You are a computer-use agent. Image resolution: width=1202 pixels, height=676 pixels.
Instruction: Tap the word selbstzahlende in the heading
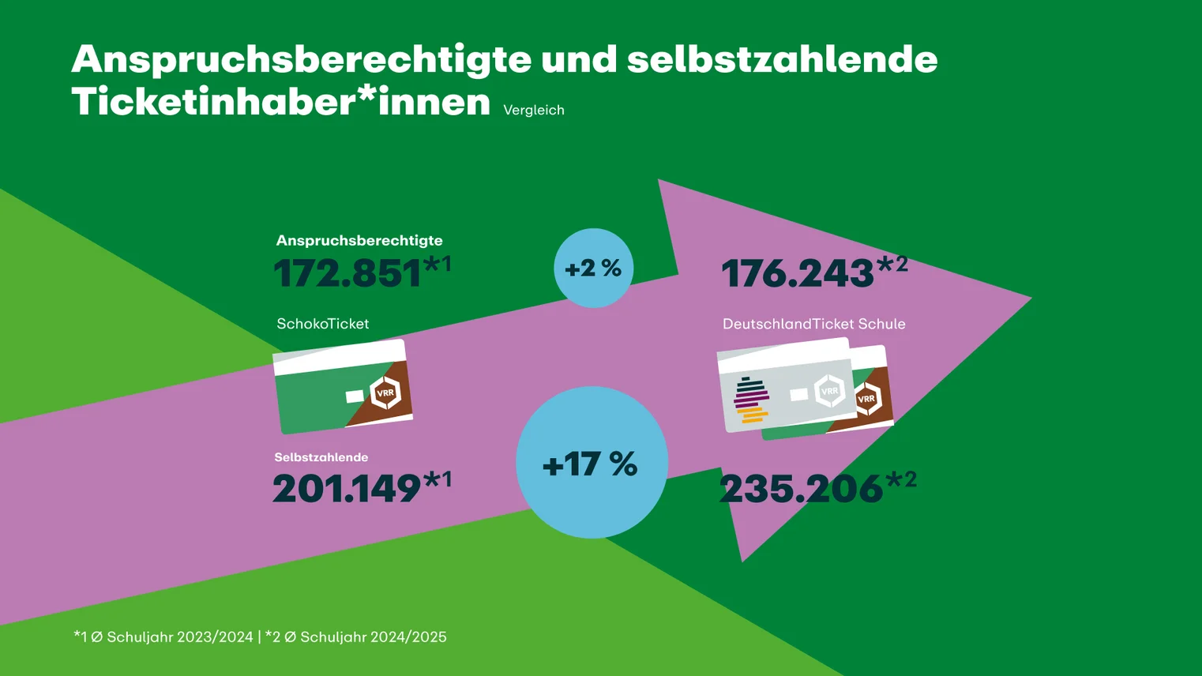(x=782, y=60)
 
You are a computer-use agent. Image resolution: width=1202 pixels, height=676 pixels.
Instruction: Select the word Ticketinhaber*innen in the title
(x=280, y=103)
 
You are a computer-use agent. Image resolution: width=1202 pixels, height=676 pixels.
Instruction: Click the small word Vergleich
(x=534, y=111)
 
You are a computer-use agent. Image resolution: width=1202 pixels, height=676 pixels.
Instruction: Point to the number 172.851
(x=347, y=274)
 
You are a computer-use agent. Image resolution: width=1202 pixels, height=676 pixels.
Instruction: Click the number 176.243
(x=798, y=274)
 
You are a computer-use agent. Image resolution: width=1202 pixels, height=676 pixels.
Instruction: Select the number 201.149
(x=347, y=489)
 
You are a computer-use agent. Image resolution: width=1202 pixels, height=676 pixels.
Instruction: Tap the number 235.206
(x=801, y=489)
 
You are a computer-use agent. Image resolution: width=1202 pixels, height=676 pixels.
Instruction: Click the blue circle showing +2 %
(x=593, y=269)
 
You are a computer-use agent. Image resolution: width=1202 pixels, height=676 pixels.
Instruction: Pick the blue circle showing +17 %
(x=592, y=463)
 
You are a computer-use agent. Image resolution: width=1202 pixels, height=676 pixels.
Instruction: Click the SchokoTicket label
(x=322, y=324)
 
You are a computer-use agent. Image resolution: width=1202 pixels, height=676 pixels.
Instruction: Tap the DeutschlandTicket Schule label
(x=813, y=324)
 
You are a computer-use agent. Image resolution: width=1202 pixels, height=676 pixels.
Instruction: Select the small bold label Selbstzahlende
(x=321, y=457)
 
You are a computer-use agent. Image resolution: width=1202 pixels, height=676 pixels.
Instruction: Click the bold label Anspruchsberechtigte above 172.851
(x=359, y=241)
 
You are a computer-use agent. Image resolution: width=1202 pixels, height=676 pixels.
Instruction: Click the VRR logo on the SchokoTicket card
(x=386, y=392)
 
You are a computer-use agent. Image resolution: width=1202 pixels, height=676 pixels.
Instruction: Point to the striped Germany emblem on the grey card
(x=751, y=401)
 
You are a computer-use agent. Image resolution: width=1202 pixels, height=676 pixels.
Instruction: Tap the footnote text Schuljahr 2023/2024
(x=180, y=637)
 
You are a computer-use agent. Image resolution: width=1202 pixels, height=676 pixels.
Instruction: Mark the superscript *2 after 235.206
(x=901, y=479)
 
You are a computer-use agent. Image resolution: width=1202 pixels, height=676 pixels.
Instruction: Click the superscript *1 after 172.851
(x=438, y=264)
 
